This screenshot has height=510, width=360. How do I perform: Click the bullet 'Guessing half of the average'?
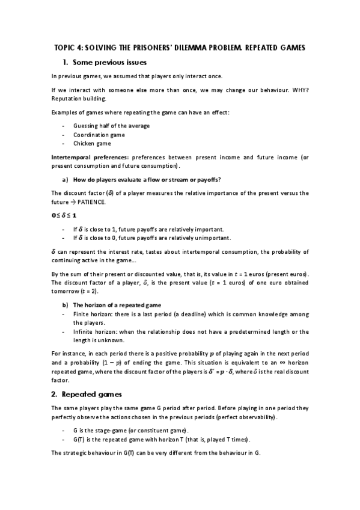111,125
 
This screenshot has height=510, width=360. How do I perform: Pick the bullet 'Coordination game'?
99,135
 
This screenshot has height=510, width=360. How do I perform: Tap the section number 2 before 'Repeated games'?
53,395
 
